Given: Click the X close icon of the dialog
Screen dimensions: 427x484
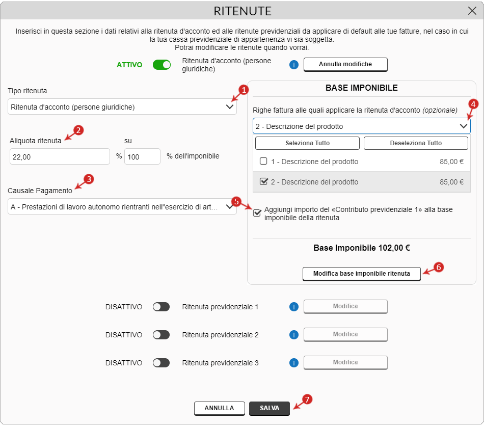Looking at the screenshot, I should pyautogui.click(x=472, y=11).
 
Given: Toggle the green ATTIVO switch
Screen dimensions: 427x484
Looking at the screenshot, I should pyautogui.click(x=162, y=65).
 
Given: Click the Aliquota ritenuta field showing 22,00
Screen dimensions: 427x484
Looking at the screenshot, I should pyautogui.click(x=60, y=157).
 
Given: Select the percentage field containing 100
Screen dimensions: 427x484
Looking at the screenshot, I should pyautogui.click(x=142, y=157).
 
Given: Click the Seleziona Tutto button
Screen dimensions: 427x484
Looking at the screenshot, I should pyautogui.click(x=307, y=143).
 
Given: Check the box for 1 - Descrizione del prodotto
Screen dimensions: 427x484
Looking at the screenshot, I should pyautogui.click(x=263, y=162).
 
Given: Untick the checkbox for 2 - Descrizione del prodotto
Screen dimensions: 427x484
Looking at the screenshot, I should pyautogui.click(x=263, y=181).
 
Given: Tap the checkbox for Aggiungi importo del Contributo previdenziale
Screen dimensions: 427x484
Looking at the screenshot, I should pyautogui.click(x=257, y=212).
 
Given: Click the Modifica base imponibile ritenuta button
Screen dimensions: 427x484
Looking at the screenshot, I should pyautogui.click(x=362, y=274).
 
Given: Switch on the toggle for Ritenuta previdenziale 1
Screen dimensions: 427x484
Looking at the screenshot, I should pyautogui.click(x=161, y=307).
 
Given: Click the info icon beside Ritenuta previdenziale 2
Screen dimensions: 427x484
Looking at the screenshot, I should pyautogui.click(x=293, y=335).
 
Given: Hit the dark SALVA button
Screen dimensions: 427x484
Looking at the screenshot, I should pyautogui.click(x=270, y=408).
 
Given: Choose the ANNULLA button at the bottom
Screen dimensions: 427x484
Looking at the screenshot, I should pyautogui.click(x=219, y=408).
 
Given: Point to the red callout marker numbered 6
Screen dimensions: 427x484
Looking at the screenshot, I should pyautogui.click(x=438, y=266).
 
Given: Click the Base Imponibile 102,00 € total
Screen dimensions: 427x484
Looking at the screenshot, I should pyautogui.click(x=362, y=249).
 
